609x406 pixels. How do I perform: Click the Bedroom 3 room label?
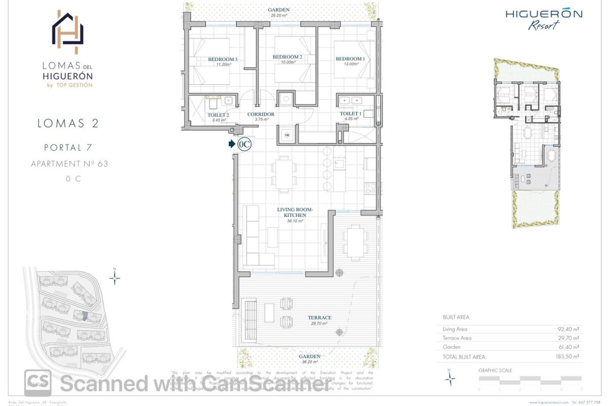point(223,59)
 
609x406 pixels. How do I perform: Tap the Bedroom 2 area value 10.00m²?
point(288,62)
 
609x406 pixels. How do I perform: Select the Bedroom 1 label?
point(350,59)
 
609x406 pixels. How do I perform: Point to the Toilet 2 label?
point(218,115)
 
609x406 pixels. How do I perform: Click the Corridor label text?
point(261,114)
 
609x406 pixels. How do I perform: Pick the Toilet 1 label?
point(350,114)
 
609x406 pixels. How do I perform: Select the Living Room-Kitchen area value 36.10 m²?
point(295,221)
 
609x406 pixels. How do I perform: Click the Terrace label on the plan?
point(319,318)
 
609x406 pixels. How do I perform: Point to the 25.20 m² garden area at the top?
point(278,15)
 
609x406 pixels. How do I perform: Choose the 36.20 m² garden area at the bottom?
point(310,362)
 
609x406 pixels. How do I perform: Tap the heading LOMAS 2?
point(68,123)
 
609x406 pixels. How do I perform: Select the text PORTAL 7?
point(68,147)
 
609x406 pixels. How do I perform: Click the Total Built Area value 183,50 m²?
point(567,357)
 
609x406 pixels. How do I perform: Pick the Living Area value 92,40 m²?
point(568,329)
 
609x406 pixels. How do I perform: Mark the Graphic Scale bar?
point(530,378)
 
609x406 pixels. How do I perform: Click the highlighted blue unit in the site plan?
point(85,316)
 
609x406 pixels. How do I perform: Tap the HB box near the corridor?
point(287,135)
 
